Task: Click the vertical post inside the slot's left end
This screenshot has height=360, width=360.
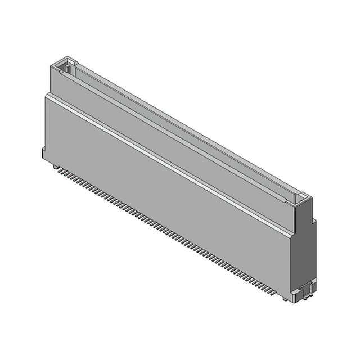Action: (67, 69)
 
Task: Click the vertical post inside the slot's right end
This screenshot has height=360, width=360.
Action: (294, 198)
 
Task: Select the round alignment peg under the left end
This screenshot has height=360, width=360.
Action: (55, 166)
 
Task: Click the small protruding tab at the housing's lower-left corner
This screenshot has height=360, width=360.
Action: (43, 152)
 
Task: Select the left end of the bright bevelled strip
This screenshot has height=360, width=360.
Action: (48, 96)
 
